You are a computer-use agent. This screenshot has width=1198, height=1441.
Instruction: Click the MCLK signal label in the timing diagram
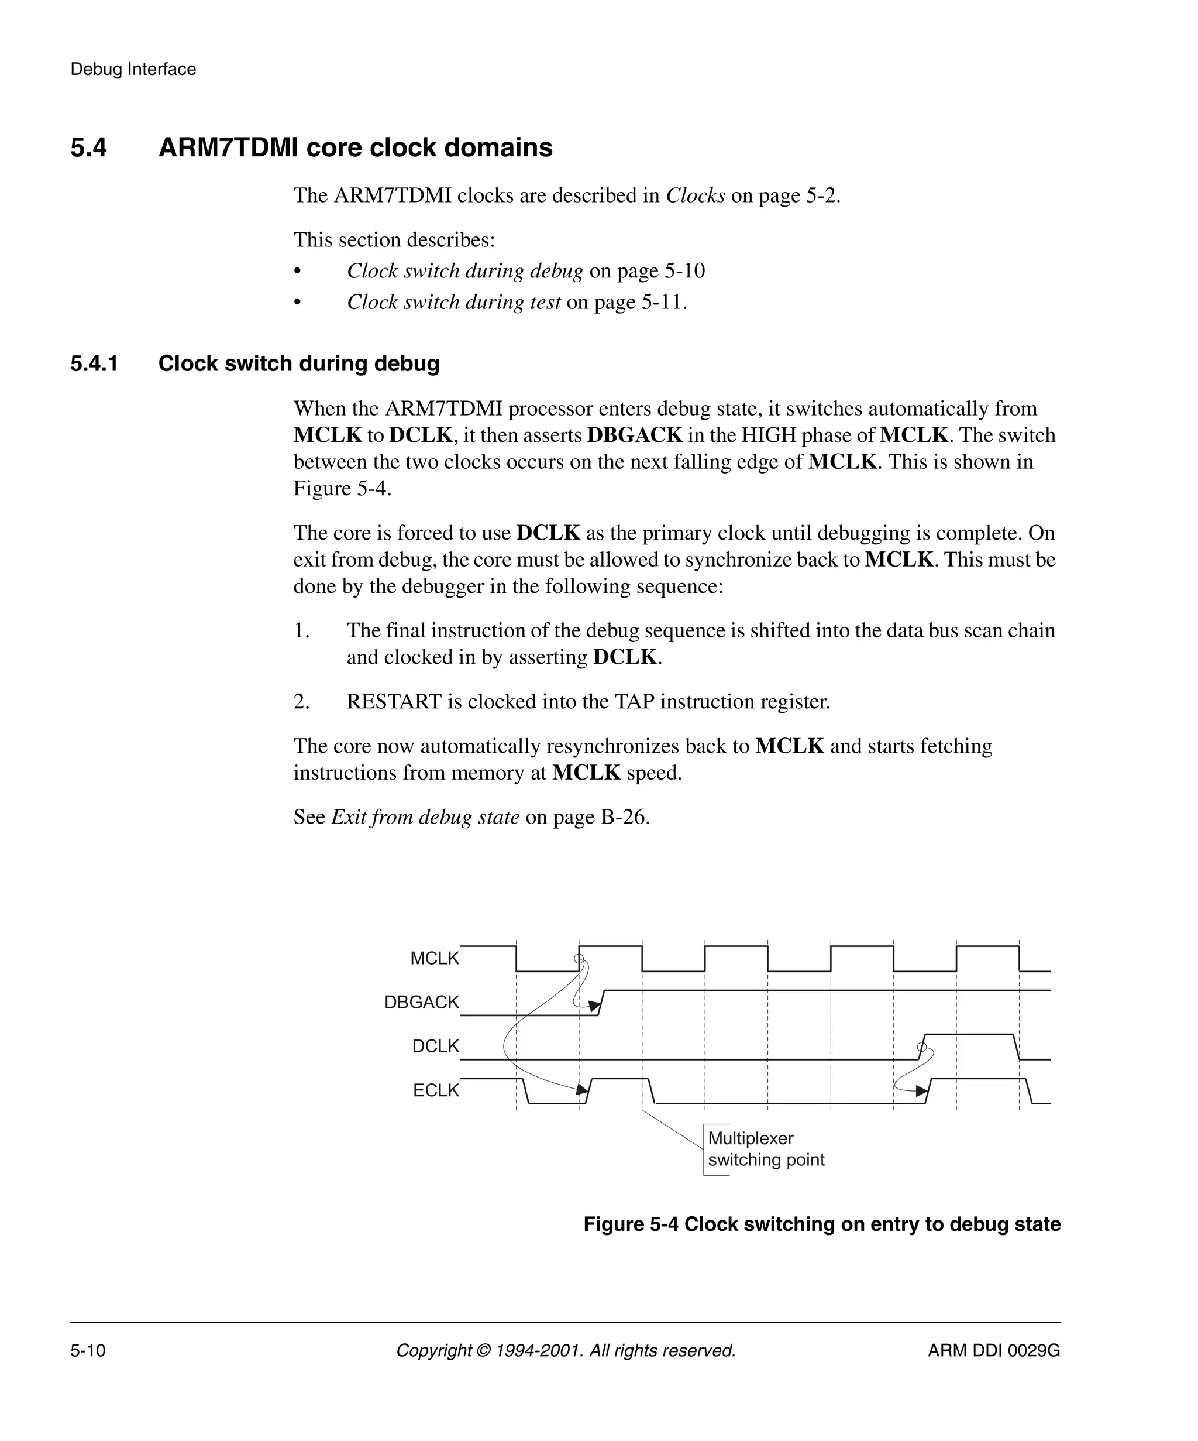(x=434, y=959)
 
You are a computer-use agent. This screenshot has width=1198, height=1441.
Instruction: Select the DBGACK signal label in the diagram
(x=421, y=1003)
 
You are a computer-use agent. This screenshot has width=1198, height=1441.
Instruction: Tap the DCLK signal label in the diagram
(x=435, y=1047)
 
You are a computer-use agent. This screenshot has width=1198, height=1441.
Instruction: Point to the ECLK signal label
(x=435, y=1090)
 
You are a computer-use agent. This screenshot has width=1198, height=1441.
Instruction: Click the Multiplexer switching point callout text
(x=765, y=1150)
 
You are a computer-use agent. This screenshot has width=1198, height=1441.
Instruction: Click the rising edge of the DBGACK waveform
(x=601, y=1003)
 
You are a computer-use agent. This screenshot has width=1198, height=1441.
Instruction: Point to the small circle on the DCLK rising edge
(x=922, y=1047)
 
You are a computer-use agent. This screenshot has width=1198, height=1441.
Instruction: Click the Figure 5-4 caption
(x=821, y=1224)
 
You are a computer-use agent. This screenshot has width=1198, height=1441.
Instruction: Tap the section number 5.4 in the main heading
(x=88, y=148)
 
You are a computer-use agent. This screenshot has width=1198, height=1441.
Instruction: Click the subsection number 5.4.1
(x=94, y=363)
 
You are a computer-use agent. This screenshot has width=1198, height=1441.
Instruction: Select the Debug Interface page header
(x=133, y=69)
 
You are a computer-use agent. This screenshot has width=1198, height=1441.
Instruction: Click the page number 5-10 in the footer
(x=88, y=1350)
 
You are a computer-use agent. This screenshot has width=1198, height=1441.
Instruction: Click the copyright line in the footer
(x=566, y=1350)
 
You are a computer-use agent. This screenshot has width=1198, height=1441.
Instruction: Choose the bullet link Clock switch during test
(x=453, y=302)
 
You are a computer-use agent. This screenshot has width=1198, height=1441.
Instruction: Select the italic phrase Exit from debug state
(x=425, y=817)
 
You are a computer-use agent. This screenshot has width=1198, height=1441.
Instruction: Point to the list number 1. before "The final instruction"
(x=302, y=630)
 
